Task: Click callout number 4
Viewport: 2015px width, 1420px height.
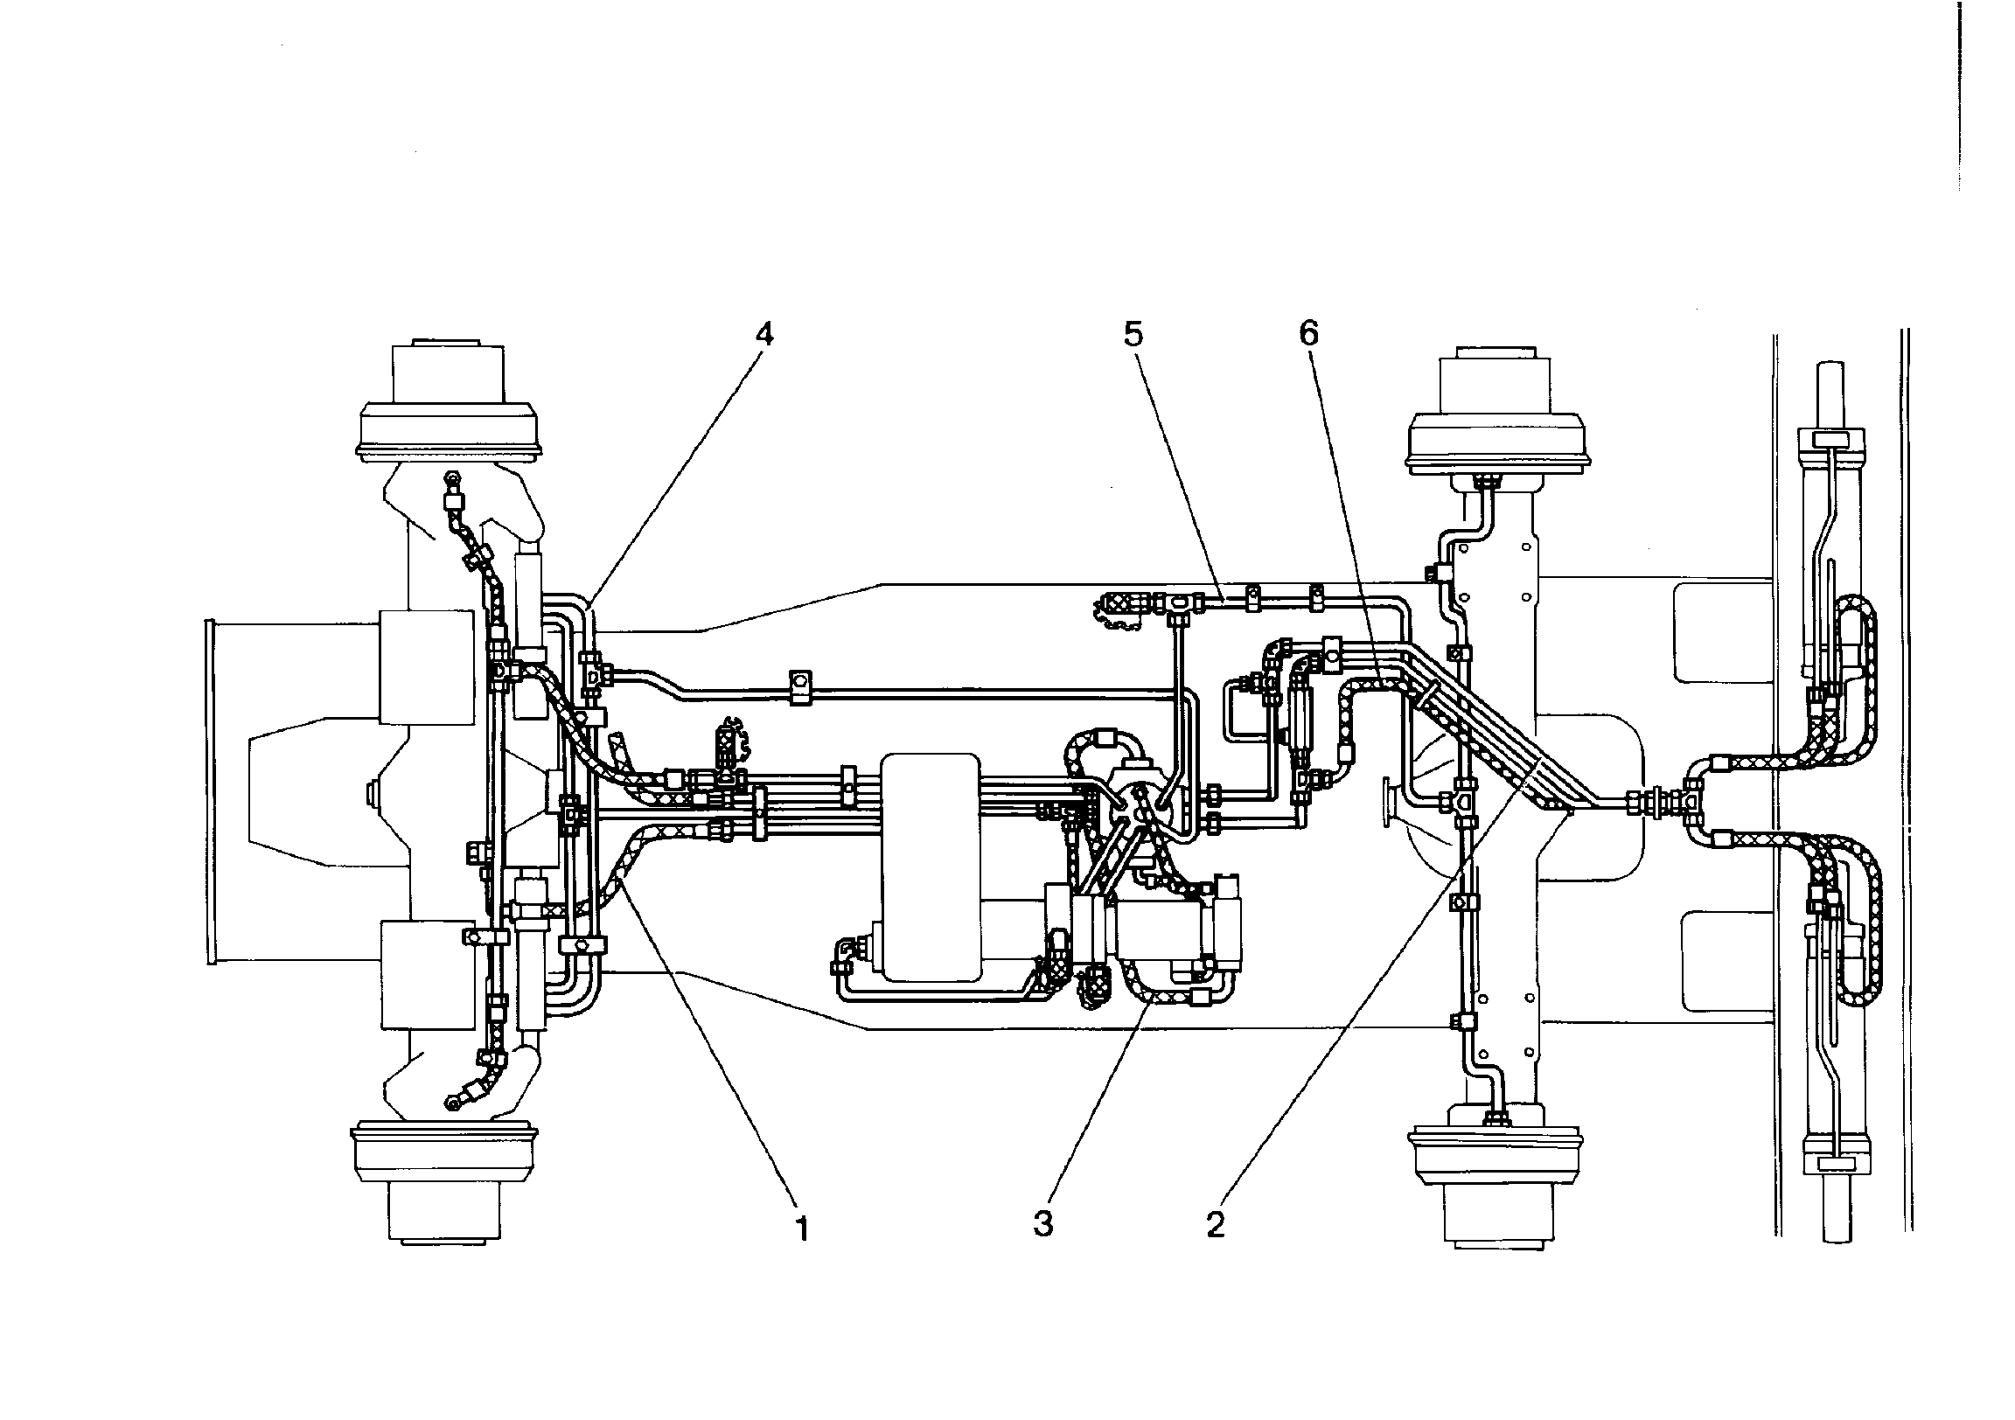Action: click(x=764, y=334)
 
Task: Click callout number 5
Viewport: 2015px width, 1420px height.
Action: click(x=1133, y=334)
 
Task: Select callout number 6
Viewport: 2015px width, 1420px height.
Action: click(x=1308, y=333)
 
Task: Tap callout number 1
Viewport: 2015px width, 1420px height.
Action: click(x=800, y=1229)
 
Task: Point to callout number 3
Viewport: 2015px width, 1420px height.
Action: click(x=1043, y=1223)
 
